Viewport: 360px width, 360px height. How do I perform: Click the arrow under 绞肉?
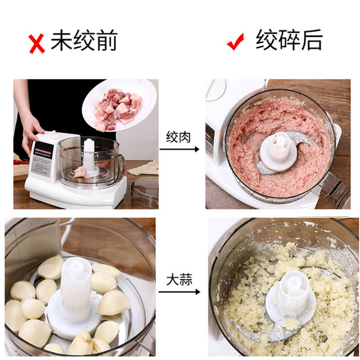[180, 148]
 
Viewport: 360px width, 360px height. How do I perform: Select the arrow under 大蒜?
[180, 292]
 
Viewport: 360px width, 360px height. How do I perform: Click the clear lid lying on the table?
[145, 191]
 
